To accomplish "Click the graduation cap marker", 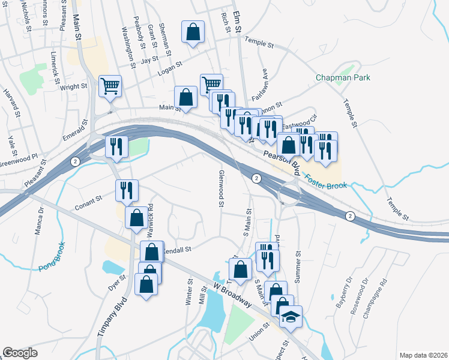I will tap(291, 316).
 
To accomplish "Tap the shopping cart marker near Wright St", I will tap(110, 86).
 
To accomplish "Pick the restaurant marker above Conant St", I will tap(127, 190).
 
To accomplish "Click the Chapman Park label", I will tap(343, 77).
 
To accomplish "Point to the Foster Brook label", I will tap(324, 182).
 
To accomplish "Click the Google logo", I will tap(20, 353).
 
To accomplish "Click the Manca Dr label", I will tap(41, 224).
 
